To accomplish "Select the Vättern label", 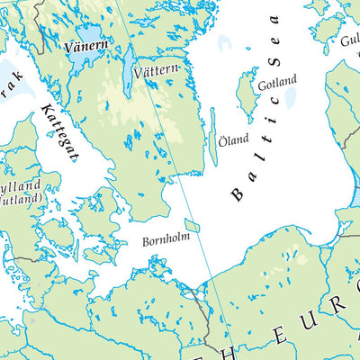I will coord(157,70).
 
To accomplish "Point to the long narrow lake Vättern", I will coord(130,65).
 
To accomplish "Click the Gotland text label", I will coord(277,82).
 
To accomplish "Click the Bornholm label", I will coord(166,241).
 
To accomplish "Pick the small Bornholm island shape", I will coord(193,225).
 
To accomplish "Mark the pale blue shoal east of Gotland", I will coord(291,94).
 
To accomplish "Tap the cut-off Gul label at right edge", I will coord(348,40).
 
